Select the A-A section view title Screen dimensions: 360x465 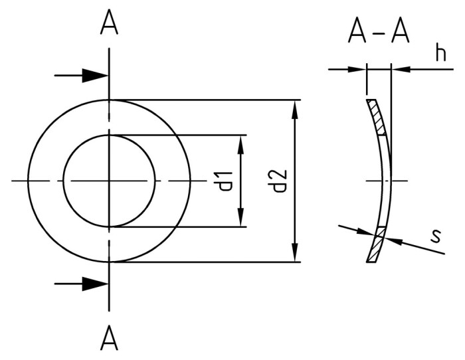click(379, 32)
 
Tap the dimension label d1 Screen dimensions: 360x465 click(225, 181)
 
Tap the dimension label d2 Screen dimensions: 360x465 click(279, 181)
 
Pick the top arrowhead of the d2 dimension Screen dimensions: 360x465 click(295, 110)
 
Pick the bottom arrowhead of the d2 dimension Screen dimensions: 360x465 click(295, 252)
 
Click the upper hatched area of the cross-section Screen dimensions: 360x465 click(377, 118)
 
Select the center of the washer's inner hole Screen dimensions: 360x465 click(110, 181)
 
